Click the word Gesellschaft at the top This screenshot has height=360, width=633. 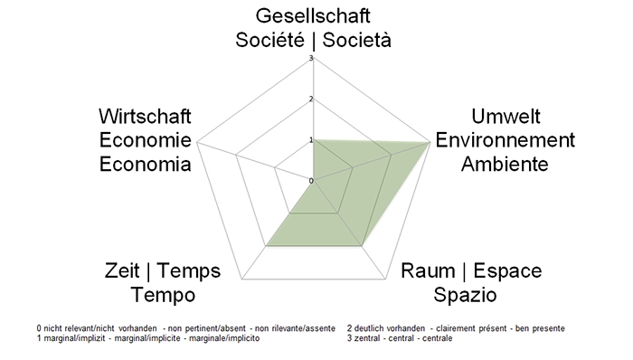point(313,17)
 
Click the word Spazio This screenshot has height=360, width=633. point(465,295)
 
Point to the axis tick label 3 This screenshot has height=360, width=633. point(310,59)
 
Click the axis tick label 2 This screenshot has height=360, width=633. point(310,99)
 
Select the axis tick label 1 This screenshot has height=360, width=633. point(310,140)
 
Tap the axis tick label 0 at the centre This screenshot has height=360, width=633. point(310,181)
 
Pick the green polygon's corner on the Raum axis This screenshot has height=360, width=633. point(362,245)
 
